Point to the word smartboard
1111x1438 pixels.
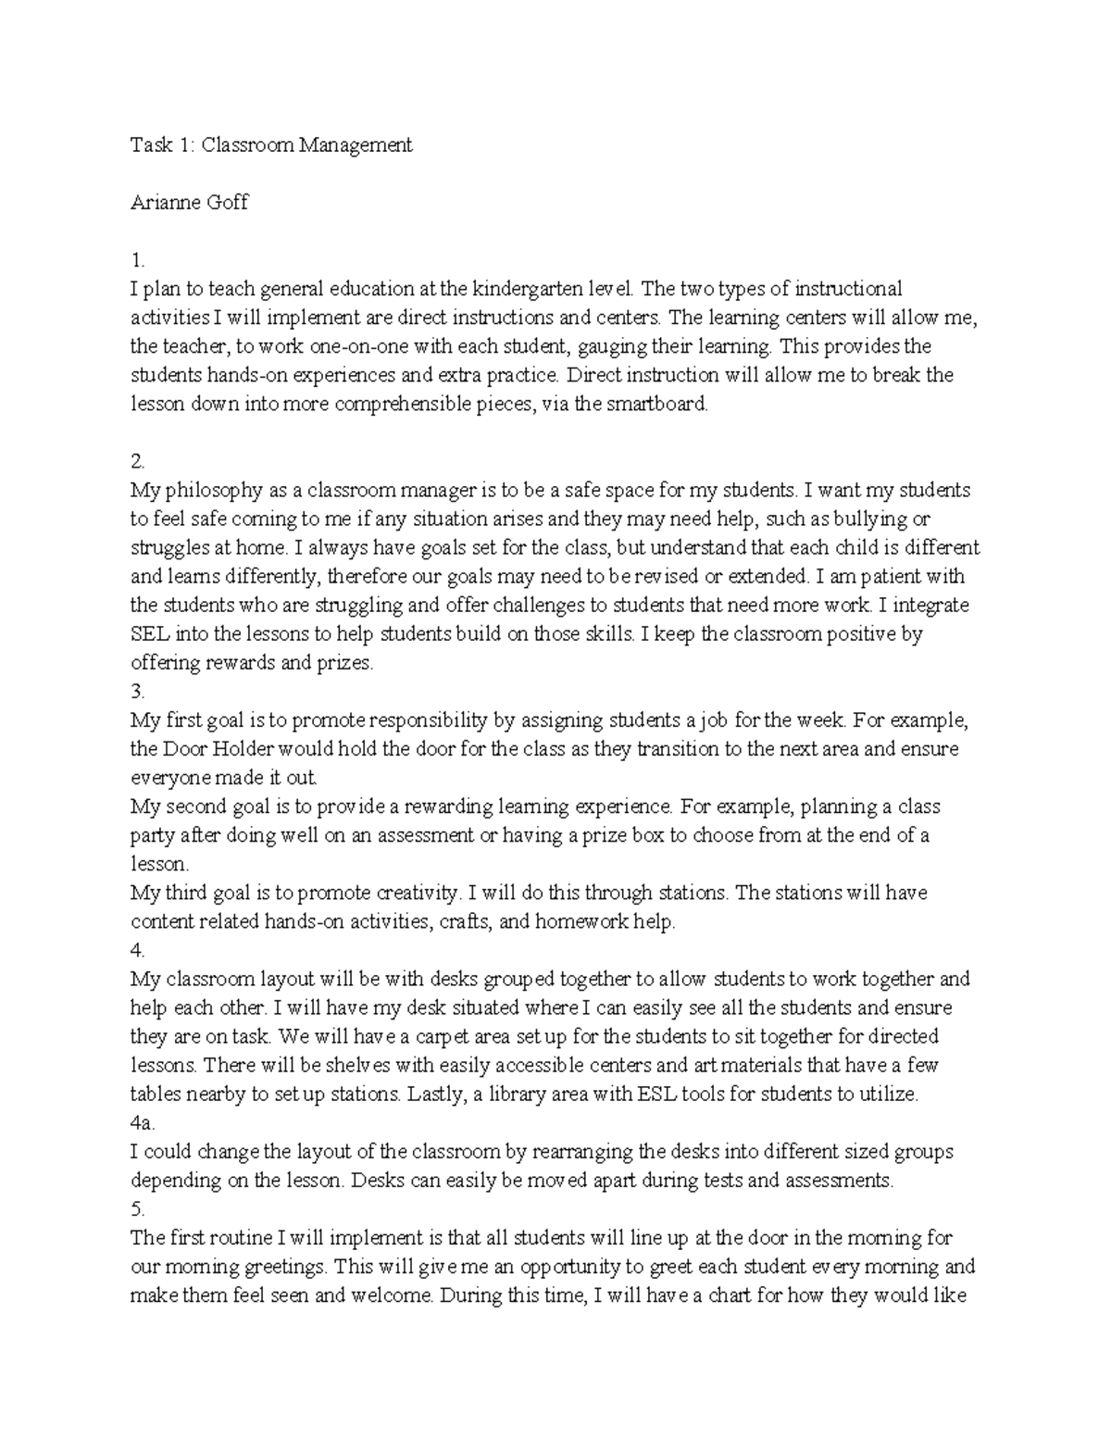[x=658, y=404]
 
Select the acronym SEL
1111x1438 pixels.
[x=151, y=634]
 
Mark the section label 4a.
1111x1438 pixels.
[x=142, y=1122]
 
